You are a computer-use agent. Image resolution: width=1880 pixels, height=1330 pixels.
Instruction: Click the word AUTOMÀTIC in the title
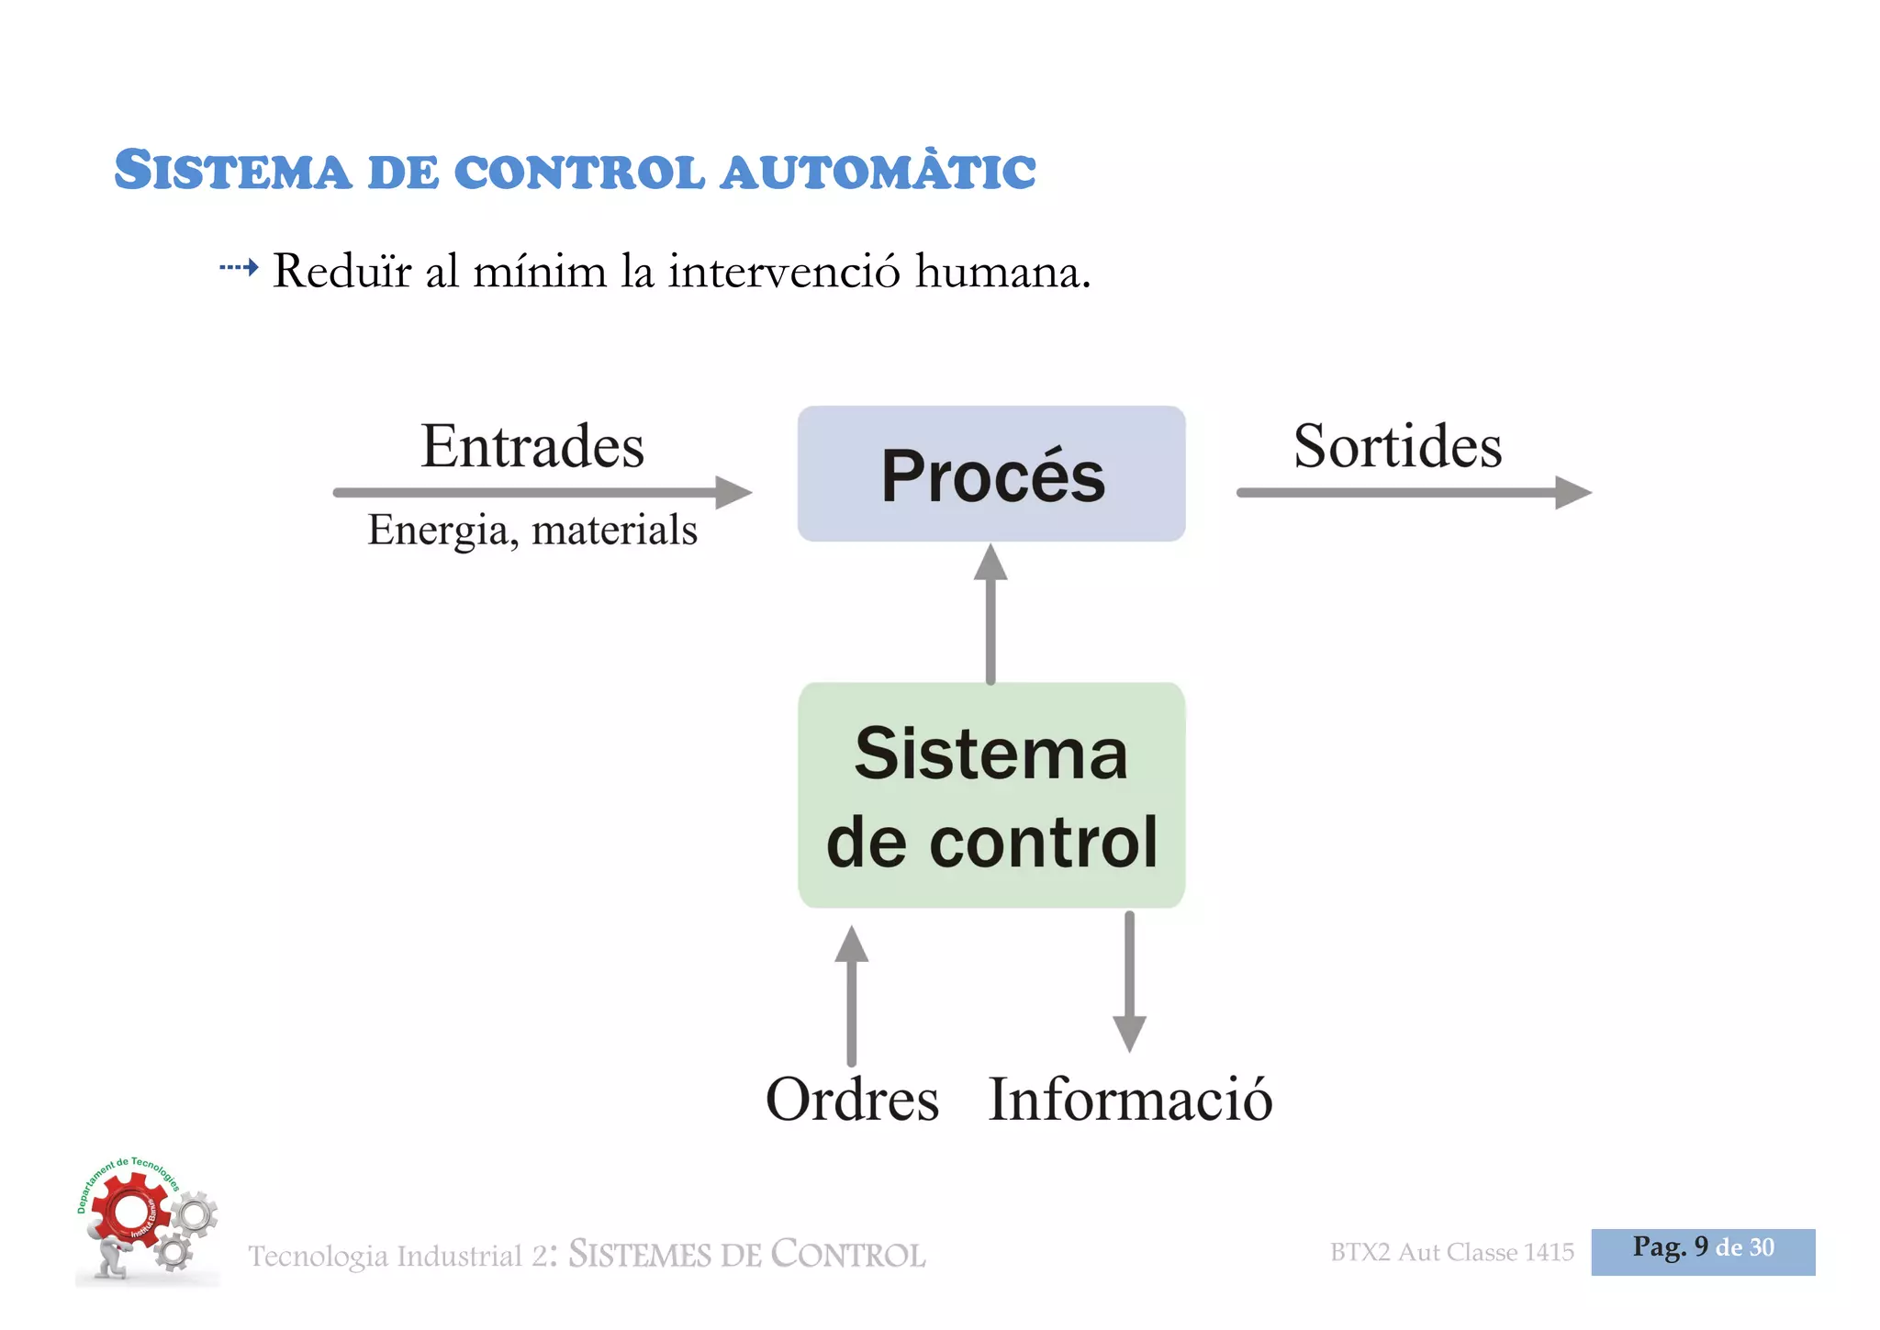(x=878, y=173)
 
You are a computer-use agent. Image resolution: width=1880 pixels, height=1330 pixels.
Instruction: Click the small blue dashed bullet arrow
(x=239, y=268)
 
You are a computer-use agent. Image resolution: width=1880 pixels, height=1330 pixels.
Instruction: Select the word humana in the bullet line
(x=1002, y=272)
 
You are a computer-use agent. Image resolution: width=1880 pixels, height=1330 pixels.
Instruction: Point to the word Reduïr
(x=342, y=272)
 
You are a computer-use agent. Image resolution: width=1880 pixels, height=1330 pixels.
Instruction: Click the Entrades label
(x=532, y=447)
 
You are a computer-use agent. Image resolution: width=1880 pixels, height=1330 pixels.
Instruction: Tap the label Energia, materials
(x=532, y=531)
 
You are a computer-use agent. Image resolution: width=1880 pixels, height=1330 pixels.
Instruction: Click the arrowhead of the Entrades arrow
(x=734, y=492)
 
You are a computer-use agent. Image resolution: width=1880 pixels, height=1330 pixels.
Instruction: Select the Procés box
(x=991, y=474)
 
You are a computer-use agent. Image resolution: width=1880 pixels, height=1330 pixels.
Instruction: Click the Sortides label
(x=1397, y=447)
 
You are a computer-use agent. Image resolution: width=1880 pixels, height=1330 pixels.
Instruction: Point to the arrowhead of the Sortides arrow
(x=1573, y=492)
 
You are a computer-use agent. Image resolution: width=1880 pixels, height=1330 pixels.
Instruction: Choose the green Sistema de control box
(x=991, y=795)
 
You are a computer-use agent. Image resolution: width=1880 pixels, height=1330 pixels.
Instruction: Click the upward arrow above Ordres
(x=852, y=995)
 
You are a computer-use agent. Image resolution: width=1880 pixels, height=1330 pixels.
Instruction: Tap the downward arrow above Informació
(x=1129, y=982)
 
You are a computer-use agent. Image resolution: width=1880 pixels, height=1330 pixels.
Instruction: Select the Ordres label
(x=852, y=1100)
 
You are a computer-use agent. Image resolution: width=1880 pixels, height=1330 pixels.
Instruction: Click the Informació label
(x=1130, y=1100)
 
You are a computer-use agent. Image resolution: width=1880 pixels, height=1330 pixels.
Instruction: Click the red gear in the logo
(x=129, y=1212)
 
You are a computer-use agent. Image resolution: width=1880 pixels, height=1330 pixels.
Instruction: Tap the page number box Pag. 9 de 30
(x=1703, y=1251)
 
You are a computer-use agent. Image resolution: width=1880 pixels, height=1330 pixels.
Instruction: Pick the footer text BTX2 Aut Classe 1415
(x=1451, y=1253)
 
